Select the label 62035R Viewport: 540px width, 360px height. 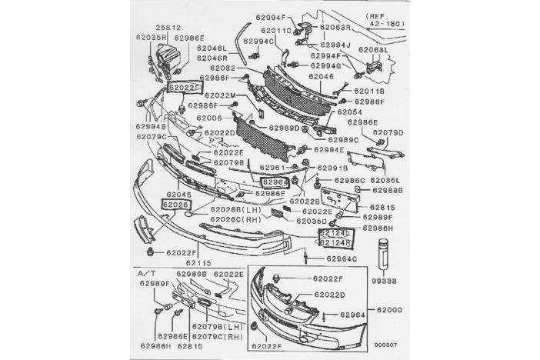click(152, 36)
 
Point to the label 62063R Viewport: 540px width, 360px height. click(335, 26)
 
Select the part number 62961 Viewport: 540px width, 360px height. click(272, 167)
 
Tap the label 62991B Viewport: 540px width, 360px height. click(333, 167)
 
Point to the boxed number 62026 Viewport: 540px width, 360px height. click(175, 205)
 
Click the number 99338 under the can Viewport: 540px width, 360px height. click(382, 282)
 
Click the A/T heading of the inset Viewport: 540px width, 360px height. click(146, 274)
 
